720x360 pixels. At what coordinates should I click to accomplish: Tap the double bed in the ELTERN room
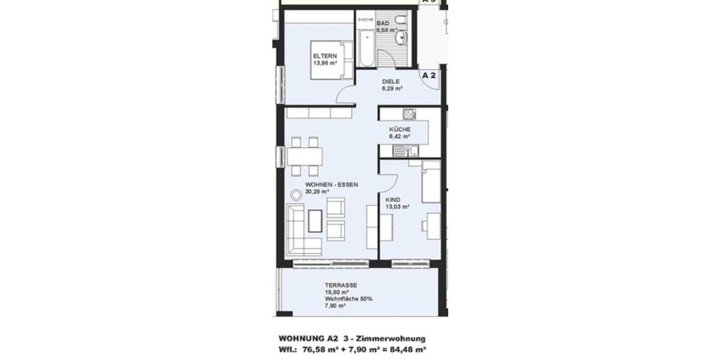329,60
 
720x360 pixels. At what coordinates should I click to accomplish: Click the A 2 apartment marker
428,76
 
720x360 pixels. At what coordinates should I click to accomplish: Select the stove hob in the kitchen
409,114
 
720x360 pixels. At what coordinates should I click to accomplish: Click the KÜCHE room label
400,130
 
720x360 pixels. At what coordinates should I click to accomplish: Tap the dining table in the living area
305,157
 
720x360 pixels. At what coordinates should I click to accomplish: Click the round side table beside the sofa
296,195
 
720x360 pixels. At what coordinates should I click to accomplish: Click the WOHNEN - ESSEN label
331,185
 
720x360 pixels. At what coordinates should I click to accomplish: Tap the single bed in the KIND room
431,181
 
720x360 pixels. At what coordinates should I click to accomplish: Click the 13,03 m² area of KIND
397,207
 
